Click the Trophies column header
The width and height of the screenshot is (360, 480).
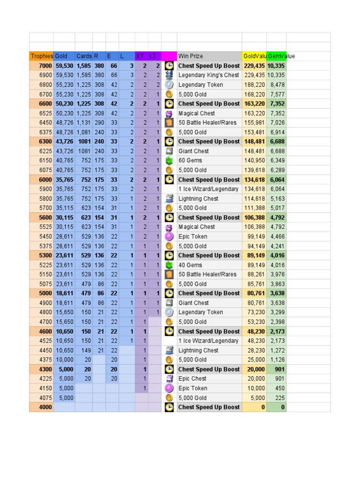tap(42, 56)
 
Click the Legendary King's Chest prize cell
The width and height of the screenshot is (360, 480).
tap(209, 75)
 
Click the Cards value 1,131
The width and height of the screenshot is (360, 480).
tap(84, 122)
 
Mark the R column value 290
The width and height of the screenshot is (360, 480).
tap(99, 122)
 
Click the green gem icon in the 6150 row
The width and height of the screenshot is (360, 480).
tap(169, 160)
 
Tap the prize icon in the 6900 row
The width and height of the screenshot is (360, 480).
tap(169, 75)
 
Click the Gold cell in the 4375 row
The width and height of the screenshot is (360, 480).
tap(65, 360)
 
